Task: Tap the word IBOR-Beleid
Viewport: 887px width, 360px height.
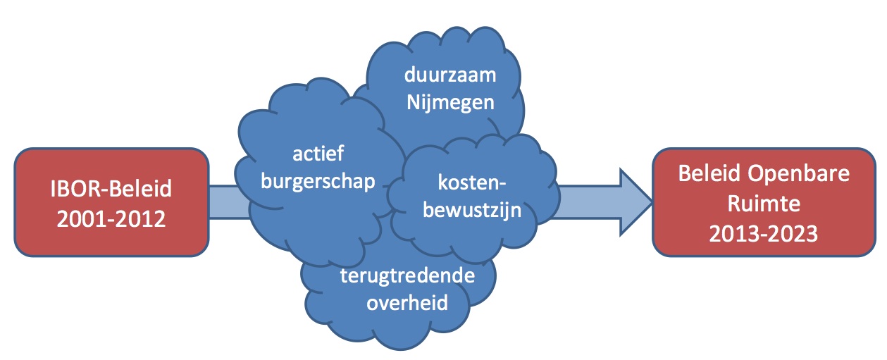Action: [111, 190]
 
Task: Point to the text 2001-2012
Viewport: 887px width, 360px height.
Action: [111, 218]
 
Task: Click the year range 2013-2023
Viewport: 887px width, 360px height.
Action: [764, 233]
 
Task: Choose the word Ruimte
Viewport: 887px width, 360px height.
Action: [764, 204]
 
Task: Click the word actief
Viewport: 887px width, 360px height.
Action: [317, 153]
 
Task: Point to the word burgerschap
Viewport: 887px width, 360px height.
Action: [318, 180]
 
